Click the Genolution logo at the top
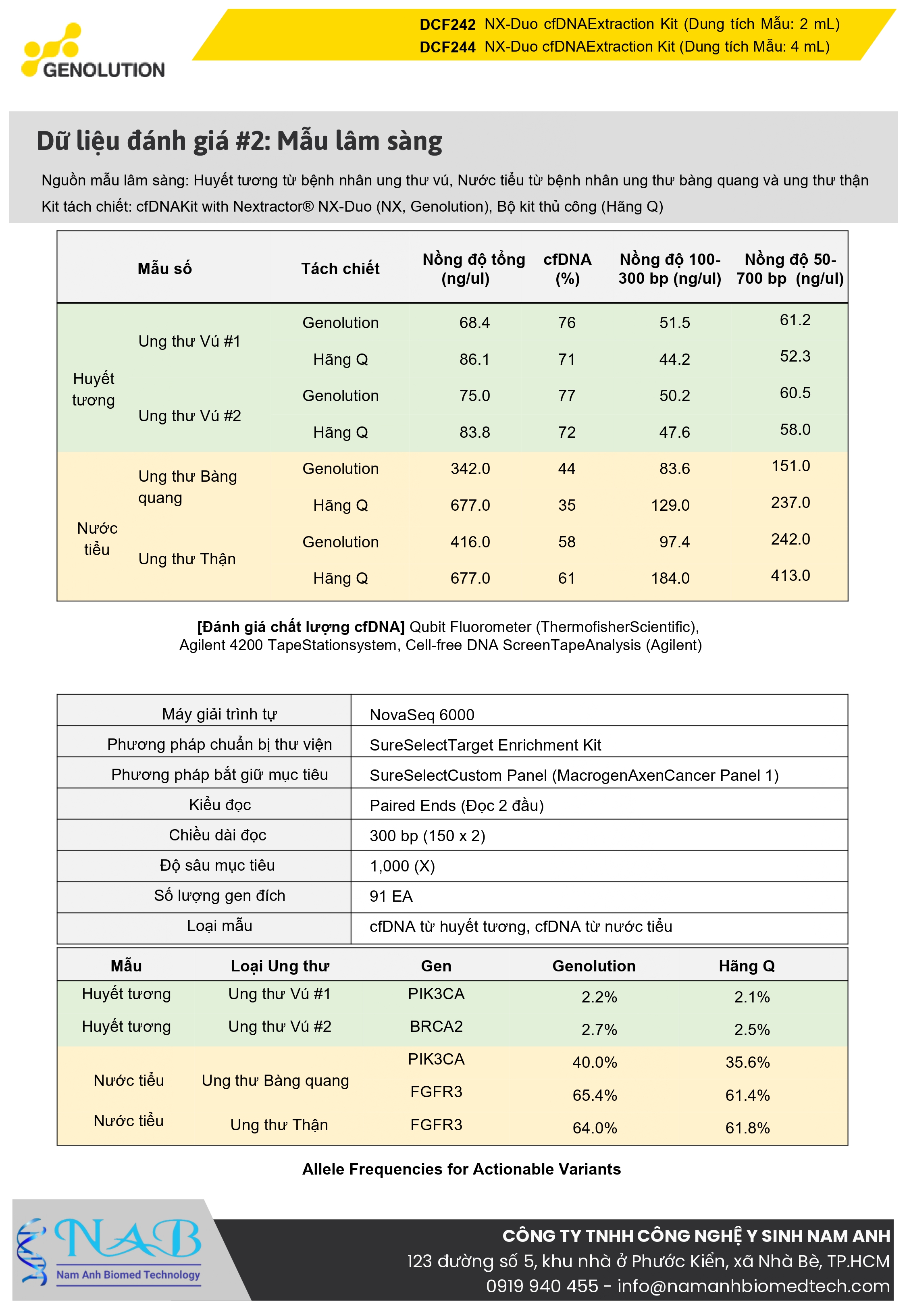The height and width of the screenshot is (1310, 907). (x=93, y=51)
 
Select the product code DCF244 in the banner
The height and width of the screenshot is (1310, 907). (x=447, y=47)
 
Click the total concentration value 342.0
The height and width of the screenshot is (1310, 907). (x=470, y=469)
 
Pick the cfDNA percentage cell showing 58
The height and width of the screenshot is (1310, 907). (x=567, y=542)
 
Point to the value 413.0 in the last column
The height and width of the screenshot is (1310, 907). (x=790, y=576)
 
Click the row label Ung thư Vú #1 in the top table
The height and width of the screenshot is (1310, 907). (x=189, y=341)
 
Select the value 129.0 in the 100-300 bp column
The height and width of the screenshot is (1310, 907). (x=670, y=505)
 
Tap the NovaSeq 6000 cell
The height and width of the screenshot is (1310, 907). (x=422, y=715)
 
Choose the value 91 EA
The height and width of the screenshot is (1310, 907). (x=391, y=896)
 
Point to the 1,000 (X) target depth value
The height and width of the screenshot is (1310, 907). (x=402, y=866)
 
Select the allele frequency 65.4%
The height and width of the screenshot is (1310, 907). (x=595, y=1095)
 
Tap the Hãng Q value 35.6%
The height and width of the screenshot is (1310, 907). (x=747, y=1063)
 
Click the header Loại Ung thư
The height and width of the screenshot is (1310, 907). (x=280, y=966)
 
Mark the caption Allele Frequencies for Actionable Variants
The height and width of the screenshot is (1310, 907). (x=461, y=1169)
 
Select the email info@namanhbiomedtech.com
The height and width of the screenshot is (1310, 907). (x=753, y=1286)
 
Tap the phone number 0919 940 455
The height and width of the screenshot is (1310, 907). (x=542, y=1286)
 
